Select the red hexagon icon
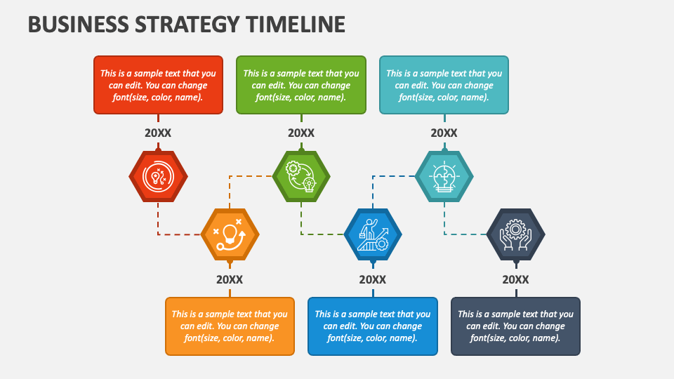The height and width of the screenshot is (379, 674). (158, 176)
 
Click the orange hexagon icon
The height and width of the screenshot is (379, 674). (230, 234)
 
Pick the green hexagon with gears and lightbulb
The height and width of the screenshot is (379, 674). (301, 176)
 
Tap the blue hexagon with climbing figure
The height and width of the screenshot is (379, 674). (373, 234)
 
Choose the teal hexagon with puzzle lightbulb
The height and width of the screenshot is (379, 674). (444, 176)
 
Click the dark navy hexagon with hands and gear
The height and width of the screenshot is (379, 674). (516, 234)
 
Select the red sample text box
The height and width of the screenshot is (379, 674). (158, 85)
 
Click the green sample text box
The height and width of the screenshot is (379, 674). (301, 85)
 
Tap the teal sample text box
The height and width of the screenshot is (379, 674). (444, 85)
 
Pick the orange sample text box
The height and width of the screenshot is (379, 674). (230, 326)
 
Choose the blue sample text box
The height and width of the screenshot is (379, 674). (373, 326)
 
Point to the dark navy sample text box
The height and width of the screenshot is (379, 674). (516, 326)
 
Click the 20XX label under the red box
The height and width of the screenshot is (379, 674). (158, 133)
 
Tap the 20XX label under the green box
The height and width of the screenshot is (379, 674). (301, 133)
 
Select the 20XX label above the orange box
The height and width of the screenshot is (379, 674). (230, 279)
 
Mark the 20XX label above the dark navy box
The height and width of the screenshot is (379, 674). (516, 279)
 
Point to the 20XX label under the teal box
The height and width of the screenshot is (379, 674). (444, 133)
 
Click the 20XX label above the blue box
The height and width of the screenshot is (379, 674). (373, 279)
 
